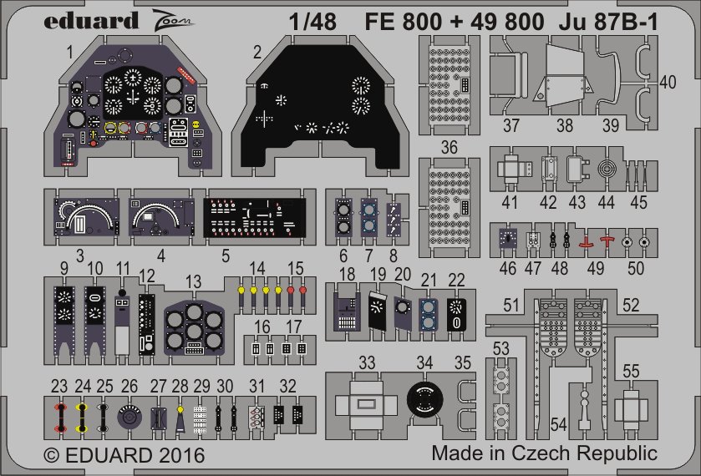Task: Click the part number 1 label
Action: coord(72,52)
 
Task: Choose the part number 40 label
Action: coord(668,82)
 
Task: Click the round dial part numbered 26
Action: coord(129,415)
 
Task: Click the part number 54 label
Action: coord(559,426)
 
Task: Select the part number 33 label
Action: coord(367,363)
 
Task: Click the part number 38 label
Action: coord(565,125)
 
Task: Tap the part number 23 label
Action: coord(59,387)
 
